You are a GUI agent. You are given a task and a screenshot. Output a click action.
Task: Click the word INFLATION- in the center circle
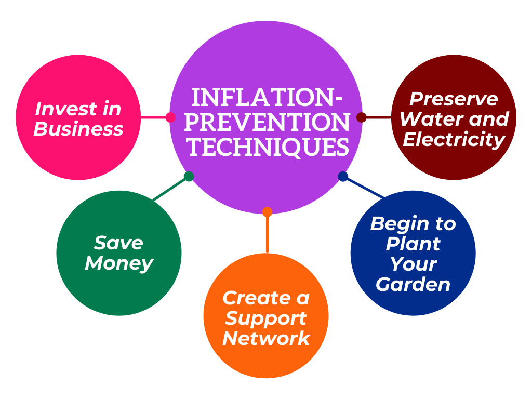click(x=267, y=97)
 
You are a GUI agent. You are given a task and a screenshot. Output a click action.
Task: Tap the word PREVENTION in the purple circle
click(x=267, y=122)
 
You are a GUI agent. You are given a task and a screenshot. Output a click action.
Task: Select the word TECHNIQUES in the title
click(x=269, y=147)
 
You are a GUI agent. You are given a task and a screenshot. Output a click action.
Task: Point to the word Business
click(x=78, y=129)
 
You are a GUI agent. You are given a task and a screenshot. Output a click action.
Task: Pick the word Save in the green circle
click(x=118, y=243)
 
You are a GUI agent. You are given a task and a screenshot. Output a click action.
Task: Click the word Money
click(x=119, y=264)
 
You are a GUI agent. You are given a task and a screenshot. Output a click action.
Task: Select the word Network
click(x=267, y=338)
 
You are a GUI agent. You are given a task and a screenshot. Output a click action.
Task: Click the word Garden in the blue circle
click(x=413, y=284)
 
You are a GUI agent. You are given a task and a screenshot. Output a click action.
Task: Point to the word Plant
click(x=413, y=244)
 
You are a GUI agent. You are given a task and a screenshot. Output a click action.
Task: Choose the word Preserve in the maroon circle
click(x=454, y=99)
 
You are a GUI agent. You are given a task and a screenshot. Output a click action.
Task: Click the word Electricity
click(x=454, y=140)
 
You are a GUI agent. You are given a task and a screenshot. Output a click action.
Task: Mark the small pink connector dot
click(x=170, y=117)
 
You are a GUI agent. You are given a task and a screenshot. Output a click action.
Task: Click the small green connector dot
click(x=189, y=177)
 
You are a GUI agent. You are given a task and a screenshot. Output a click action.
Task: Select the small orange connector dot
click(x=268, y=212)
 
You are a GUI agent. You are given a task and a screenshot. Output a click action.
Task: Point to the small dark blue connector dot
click(x=343, y=177)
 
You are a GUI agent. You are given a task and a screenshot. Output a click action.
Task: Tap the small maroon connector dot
click(x=362, y=117)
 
